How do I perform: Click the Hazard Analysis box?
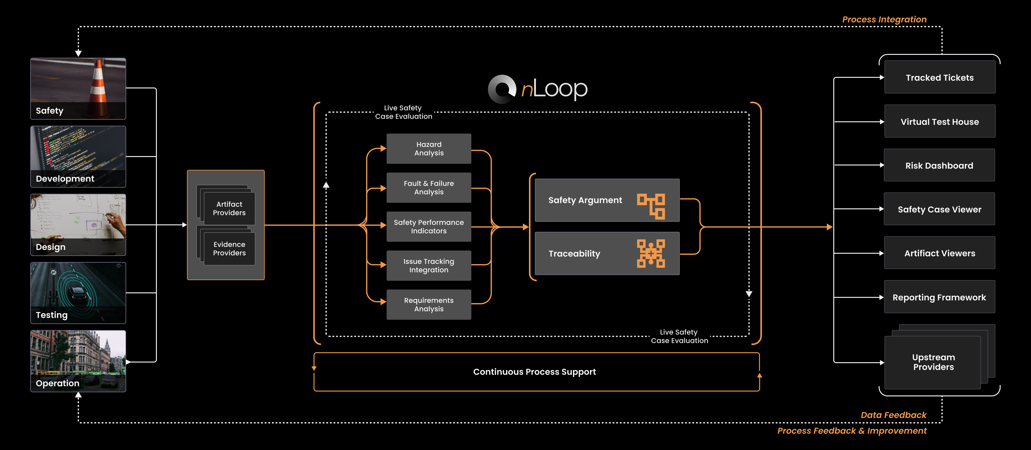pyautogui.click(x=429, y=149)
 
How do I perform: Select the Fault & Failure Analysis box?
pyautogui.click(x=429, y=188)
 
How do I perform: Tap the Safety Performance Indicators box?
pyautogui.click(x=429, y=226)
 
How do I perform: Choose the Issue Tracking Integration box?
pyautogui.click(x=429, y=266)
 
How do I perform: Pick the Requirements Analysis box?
pyautogui.click(x=429, y=304)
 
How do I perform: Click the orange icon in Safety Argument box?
pyautogui.click(x=651, y=206)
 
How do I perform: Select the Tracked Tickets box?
pyautogui.click(x=939, y=78)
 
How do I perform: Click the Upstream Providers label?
pyautogui.click(x=933, y=362)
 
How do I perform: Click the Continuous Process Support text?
pyautogui.click(x=534, y=372)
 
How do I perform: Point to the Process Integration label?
pyautogui.click(x=884, y=19)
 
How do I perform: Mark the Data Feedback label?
pyautogui.click(x=893, y=415)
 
